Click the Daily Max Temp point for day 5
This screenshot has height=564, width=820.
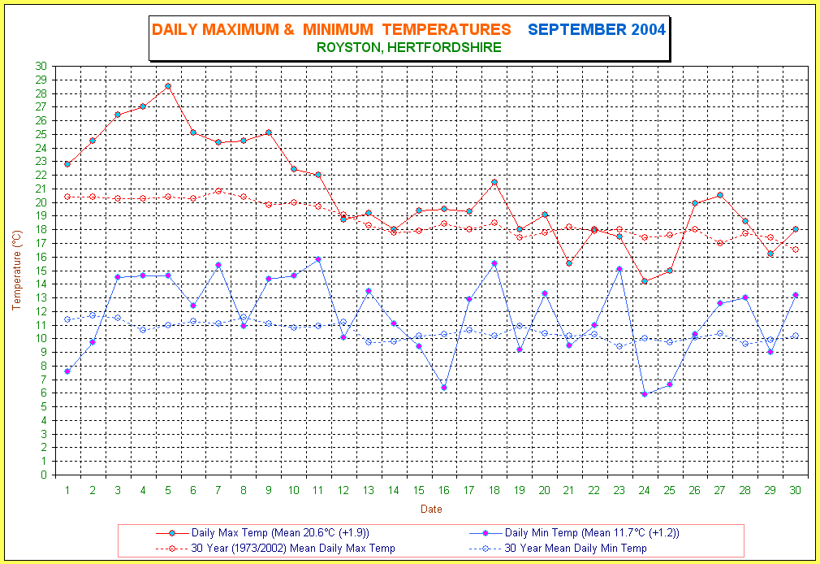click(x=168, y=85)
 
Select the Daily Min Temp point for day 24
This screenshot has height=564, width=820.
click(x=645, y=394)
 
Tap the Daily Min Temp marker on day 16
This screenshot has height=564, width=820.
click(x=444, y=387)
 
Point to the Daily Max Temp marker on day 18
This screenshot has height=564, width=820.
click(x=494, y=182)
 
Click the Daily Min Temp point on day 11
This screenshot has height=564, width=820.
click(x=318, y=259)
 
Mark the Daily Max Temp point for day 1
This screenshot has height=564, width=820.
click(x=67, y=164)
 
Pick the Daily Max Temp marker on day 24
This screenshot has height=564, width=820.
click(x=645, y=281)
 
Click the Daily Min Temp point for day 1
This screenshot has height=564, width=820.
click(x=67, y=371)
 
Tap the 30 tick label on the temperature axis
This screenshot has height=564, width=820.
click(x=41, y=66)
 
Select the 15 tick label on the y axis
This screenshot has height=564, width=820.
click(x=41, y=271)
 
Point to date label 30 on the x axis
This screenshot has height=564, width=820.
click(x=796, y=490)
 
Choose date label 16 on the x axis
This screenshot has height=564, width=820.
click(x=444, y=490)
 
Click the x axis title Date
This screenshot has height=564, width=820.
click(x=431, y=510)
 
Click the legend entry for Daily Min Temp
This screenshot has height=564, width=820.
click(x=591, y=533)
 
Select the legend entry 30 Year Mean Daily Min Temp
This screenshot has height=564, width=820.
click(x=576, y=549)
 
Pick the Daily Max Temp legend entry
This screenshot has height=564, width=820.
click(x=279, y=533)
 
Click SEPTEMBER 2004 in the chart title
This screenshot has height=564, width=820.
click(x=597, y=30)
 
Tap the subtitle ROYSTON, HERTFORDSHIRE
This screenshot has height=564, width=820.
click(x=409, y=48)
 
